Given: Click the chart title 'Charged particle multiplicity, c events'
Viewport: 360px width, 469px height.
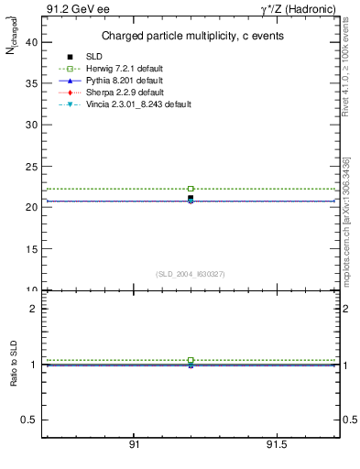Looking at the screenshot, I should click(191, 36).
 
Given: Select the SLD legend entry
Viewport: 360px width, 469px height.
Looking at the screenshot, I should click(93, 58).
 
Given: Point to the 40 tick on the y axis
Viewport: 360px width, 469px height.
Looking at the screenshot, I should click(31, 41).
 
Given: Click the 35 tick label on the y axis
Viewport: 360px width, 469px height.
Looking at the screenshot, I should click(31, 82).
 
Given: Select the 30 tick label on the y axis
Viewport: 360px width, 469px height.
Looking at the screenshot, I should click(31, 125).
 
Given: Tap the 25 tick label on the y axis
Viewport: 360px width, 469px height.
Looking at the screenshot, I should click(31, 166).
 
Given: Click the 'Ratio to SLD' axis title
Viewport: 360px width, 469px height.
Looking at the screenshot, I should click(14, 362).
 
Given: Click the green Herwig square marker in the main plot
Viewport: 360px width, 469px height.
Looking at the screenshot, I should click(191, 189).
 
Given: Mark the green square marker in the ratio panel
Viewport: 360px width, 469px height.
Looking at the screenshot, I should click(191, 360).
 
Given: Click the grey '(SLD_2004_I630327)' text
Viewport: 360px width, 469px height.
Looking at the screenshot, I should click(191, 274).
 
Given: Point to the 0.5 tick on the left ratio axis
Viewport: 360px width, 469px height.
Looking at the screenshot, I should click(31, 420).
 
